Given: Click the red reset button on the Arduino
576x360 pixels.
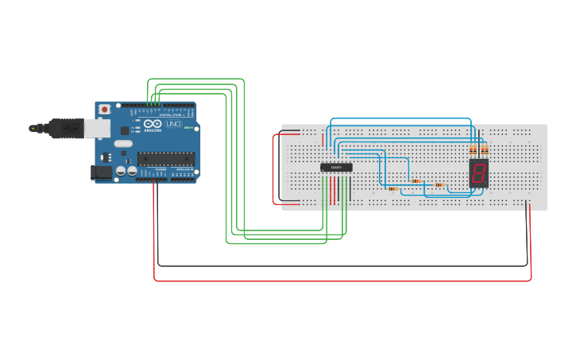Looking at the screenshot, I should pos(104,109).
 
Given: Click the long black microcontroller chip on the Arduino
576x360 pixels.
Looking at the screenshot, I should pos(166,159).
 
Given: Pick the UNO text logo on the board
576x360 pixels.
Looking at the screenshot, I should pos(173,124).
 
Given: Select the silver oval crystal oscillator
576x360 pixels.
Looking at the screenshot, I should pos(123,144).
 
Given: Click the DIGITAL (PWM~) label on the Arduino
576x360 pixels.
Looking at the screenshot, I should pos(172,115).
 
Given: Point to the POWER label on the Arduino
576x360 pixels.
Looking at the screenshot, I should pos(161,169).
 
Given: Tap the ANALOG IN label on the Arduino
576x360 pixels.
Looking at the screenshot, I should pos(184,169).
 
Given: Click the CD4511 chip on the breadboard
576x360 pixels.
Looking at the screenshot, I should pos(336,167).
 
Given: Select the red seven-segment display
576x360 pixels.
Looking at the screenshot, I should pos(478,172).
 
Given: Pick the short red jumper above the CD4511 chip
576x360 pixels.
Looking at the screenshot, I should pos(323,140).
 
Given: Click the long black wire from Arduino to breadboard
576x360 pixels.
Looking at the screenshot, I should pos(342,265).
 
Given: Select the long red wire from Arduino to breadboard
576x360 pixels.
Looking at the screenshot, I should pos(342,281).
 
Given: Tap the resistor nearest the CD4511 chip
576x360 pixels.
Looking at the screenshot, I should pos(392,189).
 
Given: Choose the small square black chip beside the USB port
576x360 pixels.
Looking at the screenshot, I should pos(125,130).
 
